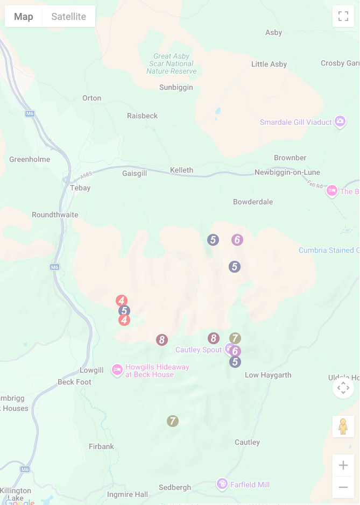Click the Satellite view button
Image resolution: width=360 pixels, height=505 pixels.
coord(68,17)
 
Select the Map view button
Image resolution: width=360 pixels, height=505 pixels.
coord(24,17)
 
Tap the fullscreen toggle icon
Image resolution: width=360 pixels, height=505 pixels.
coord(343,16)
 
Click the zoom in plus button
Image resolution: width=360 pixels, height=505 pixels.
coord(343,465)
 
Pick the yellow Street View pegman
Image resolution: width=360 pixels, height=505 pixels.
coord(343,426)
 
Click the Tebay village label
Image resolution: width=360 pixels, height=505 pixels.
coord(80,188)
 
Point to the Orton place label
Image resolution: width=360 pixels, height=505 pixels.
coord(91,98)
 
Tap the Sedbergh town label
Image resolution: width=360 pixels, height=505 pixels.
coord(175,488)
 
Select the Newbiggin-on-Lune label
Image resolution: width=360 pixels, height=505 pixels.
coord(287,173)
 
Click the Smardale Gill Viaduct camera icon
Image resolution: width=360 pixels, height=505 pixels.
coord(340,122)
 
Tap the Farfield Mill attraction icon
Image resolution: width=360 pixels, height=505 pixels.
coord(222,484)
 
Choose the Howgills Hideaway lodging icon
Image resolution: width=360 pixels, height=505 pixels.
coord(117,370)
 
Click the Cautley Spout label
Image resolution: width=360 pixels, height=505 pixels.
coord(199,350)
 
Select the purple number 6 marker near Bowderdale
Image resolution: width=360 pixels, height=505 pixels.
coord(237,240)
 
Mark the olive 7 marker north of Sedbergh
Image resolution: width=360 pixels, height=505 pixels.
coord(172,421)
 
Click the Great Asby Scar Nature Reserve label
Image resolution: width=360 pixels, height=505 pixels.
coord(172,63)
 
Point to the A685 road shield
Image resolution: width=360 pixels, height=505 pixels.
coord(86,175)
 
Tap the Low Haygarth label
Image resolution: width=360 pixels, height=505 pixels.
coord(268,375)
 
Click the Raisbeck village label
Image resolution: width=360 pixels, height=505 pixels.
coord(143,116)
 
